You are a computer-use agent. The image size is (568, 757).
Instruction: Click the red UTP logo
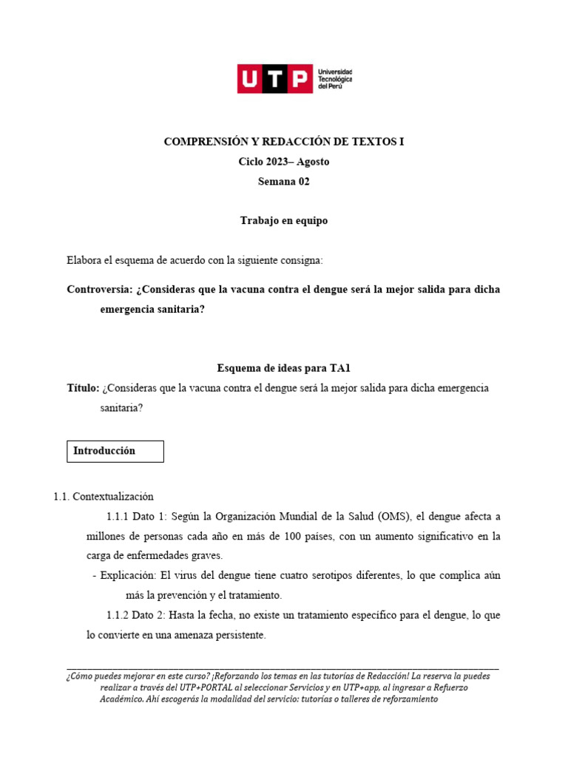tap(274, 78)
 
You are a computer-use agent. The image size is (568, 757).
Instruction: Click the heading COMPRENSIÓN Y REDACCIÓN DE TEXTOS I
tap(284, 142)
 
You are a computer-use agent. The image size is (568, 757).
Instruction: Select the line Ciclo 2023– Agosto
tap(284, 162)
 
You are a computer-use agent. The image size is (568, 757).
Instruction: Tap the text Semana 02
tap(284, 182)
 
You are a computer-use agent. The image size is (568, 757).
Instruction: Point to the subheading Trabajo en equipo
tap(284, 221)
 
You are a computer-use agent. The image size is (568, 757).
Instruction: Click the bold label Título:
tap(83, 388)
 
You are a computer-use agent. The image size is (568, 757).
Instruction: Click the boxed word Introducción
tap(104, 450)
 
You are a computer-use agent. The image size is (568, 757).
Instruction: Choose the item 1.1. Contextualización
tap(104, 497)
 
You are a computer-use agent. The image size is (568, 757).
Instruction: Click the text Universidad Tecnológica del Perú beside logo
tap(334, 78)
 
